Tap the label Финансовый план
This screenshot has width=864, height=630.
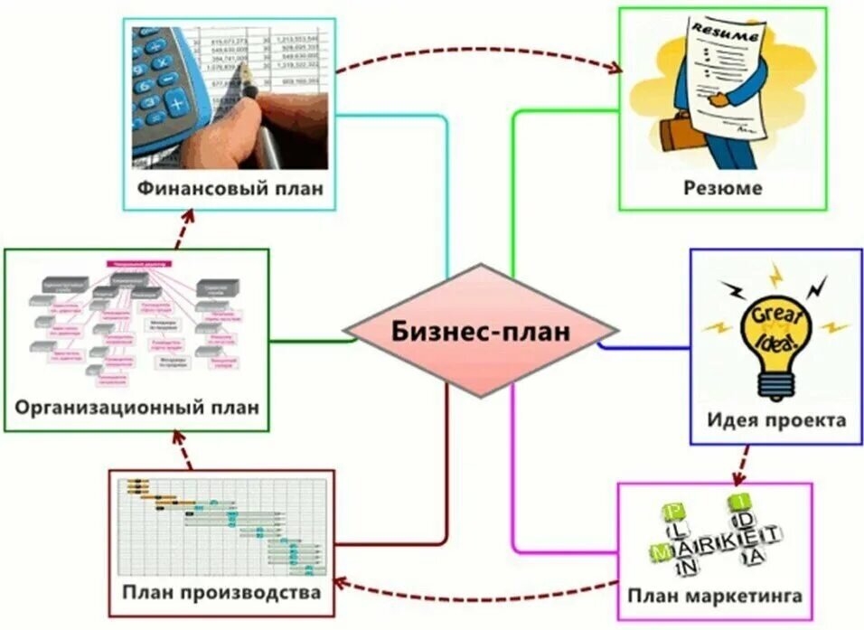click(x=230, y=189)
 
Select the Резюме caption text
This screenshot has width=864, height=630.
click(x=722, y=189)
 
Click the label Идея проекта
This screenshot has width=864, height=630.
click(x=776, y=421)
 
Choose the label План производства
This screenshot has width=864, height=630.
click(x=221, y=593)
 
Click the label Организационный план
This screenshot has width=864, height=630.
click(x=136, y=406)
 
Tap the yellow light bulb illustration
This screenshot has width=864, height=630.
click(x=775, y=339)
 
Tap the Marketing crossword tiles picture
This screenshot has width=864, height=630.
click(x=714, y=538)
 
